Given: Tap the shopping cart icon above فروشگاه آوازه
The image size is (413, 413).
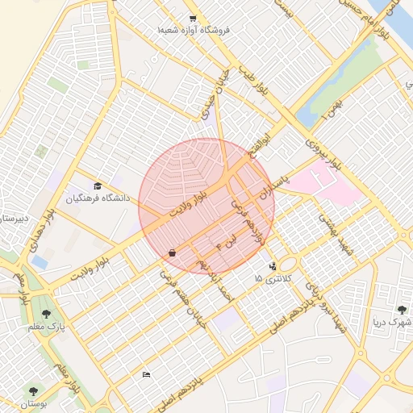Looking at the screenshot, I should tap(192, 18).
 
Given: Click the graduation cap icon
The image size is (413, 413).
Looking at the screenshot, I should tap(98, 186).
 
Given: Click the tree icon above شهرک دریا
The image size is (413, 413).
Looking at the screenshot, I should tap(402, 309).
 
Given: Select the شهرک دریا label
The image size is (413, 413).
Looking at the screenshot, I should tap(392, 322).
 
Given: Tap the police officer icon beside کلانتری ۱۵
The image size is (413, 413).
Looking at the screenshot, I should tap(273, 265).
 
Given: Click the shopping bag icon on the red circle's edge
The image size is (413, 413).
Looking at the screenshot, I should tap(172, 253).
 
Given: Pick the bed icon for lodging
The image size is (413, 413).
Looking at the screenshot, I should tap(146, 374).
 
